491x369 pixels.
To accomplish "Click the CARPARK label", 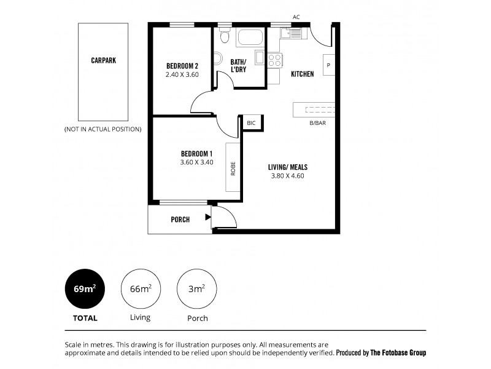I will (103, 61).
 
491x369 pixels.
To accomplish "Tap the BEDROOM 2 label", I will (182, 66).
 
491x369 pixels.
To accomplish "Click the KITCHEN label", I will (302, 74).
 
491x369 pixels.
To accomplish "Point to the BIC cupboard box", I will (251, 123).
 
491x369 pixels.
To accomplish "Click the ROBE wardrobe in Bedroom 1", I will (233, 167).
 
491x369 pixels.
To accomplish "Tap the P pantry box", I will (328, 65).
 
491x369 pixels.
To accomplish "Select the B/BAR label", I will (318, 123).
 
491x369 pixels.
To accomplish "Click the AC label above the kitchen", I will (296, 17).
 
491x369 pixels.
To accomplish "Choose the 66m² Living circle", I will (141, 288).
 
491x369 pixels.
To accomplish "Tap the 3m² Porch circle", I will (197, 288).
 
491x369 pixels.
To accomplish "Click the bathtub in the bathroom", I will (249, 38).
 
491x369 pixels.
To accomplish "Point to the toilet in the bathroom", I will (225, 38).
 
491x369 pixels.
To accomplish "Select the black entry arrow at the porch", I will (208, 216).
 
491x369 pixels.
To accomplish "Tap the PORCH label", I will (180, 220).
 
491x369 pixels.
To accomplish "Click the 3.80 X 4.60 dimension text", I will (287, 175).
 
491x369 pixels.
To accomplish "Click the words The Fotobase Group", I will (398, 353).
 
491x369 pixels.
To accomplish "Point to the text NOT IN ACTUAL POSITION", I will (103, 129).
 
